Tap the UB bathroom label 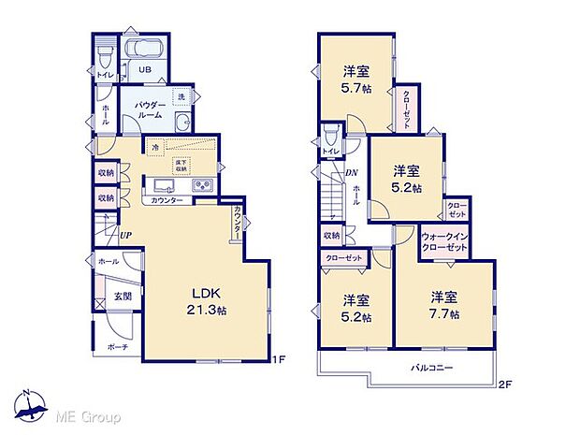(x=146, y=70)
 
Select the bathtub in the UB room (x=143, y=51)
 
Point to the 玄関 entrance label (x=123, y=297)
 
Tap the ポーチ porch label (x=117, y=346)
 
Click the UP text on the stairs (x=125, y=236)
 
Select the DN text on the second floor (x=352, y=172)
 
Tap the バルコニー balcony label (x=433, y=369)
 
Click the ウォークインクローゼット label (x=444, y=241)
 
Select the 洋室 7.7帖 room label (x=444, y=306)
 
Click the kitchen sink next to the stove (x=162, y=185)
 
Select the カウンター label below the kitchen (x=166, y=201)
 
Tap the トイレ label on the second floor (x=331, y=151)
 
